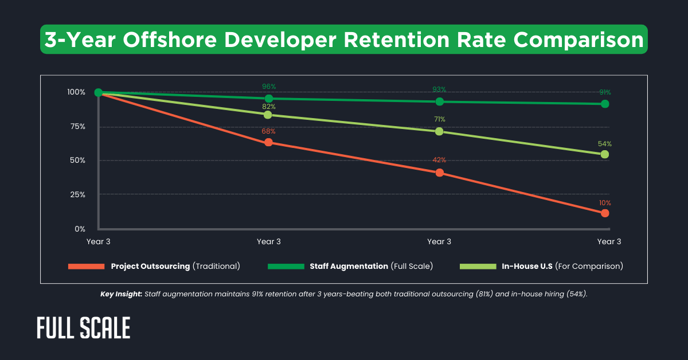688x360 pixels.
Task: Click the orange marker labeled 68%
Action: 268,142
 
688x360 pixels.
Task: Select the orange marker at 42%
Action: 439,173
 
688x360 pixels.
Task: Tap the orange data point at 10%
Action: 605,213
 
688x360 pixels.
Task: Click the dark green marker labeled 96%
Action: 268,98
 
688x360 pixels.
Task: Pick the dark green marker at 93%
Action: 439,101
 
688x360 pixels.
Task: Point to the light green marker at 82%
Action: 268,115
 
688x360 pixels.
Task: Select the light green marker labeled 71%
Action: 439,131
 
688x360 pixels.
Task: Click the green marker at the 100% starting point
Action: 99,92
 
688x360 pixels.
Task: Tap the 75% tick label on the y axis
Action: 76,126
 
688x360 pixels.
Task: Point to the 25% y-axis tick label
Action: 76,194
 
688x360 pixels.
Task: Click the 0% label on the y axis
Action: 80,229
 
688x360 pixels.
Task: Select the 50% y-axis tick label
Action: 76,160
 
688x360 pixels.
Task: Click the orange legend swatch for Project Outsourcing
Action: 86,267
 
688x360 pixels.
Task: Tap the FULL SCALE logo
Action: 84,327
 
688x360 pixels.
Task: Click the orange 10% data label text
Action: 605,203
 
